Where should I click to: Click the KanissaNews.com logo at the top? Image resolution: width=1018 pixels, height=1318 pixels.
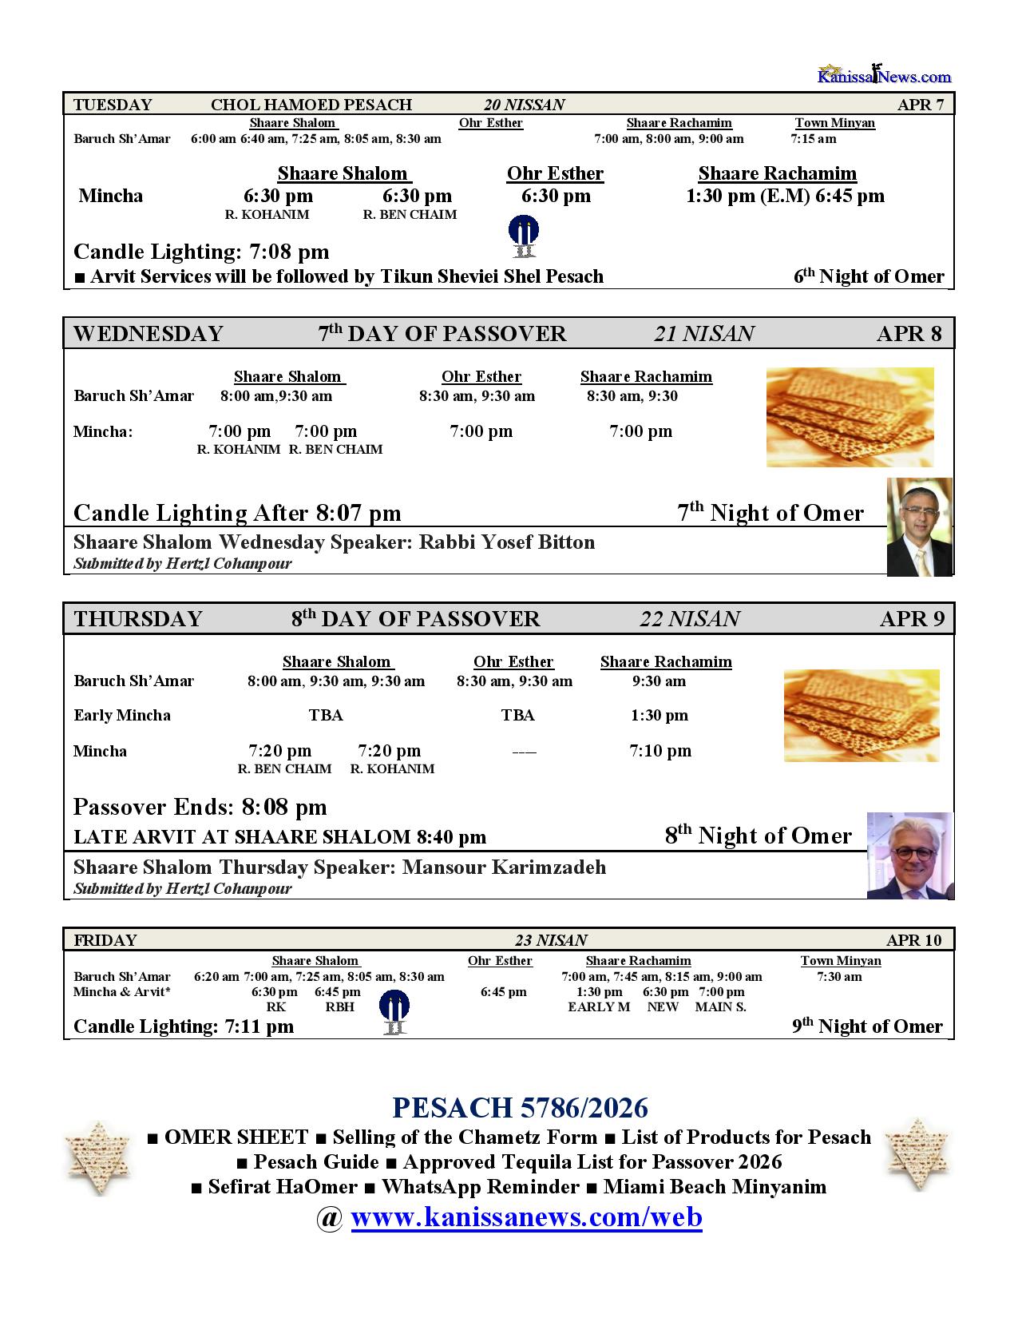(x=884, y=75)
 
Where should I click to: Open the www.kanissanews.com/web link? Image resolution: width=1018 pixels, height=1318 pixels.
(x=526, y=1217)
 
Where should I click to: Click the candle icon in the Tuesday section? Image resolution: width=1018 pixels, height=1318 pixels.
(x=523, y=236)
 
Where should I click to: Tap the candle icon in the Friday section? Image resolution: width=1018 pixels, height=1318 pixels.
(x=394, y=1012)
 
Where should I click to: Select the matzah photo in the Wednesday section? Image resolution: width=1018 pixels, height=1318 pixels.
(x=850, y=417)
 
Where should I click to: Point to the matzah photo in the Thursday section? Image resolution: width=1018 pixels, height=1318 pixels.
(x=861, y=715)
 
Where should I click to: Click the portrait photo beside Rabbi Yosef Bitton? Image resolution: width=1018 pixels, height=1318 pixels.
(x=920, y=527)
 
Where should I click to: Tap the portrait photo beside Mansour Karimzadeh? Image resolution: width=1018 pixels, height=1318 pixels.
(x=909, y=856)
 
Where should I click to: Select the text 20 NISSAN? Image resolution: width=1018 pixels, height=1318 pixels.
(x=524, y=105)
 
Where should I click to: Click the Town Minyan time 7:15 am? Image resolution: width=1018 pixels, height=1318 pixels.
(x=814, y=139)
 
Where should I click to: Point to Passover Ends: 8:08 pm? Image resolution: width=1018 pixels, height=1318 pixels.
(x=200, y=807)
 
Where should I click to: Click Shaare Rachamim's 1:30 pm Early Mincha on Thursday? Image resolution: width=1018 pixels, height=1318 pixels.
(x=659, y=715)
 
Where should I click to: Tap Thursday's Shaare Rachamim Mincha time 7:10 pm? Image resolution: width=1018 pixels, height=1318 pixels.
(x=660, y=750)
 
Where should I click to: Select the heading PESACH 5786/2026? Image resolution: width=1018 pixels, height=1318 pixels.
(x=520, y=1108)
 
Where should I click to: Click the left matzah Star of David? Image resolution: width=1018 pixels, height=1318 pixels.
(x=97, y=1158)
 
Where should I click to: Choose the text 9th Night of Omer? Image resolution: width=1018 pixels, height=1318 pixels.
(x=867, y=1026)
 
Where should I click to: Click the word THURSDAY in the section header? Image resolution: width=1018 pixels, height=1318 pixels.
(x=138, y=619)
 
